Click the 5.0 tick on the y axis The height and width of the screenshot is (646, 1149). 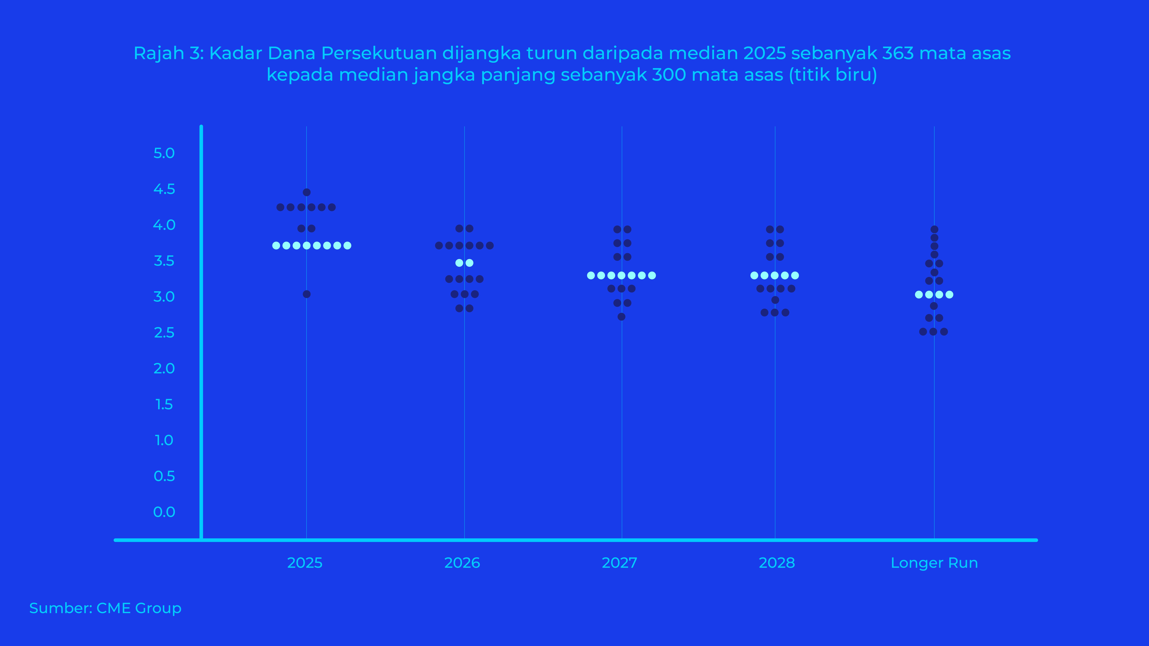pos(164,153)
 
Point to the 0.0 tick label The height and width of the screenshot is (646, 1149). pos(164,512)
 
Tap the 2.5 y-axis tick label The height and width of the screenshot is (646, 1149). pos(164,333)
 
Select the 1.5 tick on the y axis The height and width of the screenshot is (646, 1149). pos(164,404)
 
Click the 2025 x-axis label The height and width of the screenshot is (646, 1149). pos(305,563)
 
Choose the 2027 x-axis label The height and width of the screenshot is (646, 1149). pos(619,563)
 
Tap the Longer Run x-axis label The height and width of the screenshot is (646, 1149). pos(934,563)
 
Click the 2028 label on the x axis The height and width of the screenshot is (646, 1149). pos(777,563)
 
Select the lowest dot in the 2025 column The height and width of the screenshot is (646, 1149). pos(306,294)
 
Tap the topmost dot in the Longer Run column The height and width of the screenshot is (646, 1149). pos(934,230)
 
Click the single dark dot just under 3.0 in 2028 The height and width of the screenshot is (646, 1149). pos(775,300)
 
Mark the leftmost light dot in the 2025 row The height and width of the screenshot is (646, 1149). pos(276,246)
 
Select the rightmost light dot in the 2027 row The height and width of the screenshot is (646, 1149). pos(652,275)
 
